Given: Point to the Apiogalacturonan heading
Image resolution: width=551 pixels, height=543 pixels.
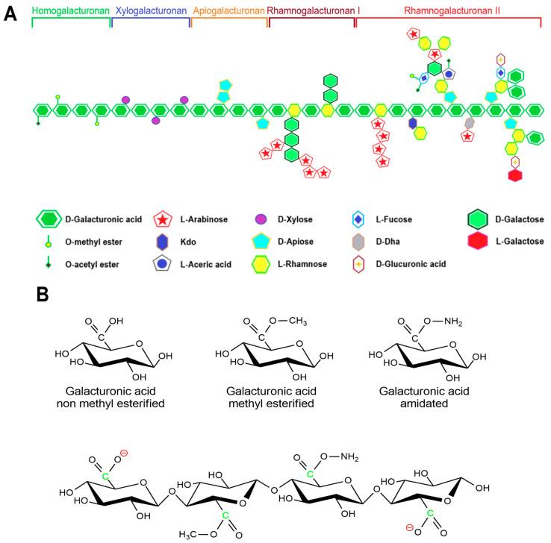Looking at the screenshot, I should (228, 11).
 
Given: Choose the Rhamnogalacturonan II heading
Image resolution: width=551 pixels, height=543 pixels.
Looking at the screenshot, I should (448, 11).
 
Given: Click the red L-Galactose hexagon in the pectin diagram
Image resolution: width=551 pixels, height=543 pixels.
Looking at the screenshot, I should (514, 175).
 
